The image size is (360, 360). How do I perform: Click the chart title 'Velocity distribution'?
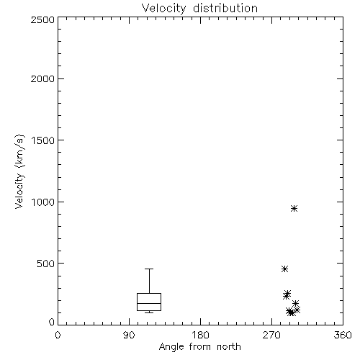199,9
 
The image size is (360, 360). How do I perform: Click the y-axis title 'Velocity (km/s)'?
19,171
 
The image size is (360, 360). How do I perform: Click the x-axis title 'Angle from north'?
199,347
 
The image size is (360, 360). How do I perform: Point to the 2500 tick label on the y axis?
42,19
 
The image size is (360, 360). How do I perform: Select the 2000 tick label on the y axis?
42,78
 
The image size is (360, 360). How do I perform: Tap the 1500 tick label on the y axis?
43,140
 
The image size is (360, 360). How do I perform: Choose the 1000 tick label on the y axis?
43,202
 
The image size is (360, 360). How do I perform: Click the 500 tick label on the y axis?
45,264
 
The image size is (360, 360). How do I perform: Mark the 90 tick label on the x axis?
129,335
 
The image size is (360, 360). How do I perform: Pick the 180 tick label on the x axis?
200,335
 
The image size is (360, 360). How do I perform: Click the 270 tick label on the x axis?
271,335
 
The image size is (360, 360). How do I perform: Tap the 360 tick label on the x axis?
343,335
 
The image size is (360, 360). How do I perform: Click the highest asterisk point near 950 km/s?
294,209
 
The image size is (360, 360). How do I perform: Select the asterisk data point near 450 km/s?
284,269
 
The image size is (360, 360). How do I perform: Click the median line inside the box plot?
149,303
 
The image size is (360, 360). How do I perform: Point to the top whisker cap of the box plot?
149,269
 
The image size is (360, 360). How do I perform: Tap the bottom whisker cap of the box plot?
149,312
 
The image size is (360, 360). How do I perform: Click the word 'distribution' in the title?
225,9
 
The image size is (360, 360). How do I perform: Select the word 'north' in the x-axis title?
229,347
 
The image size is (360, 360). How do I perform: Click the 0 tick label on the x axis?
58,335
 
